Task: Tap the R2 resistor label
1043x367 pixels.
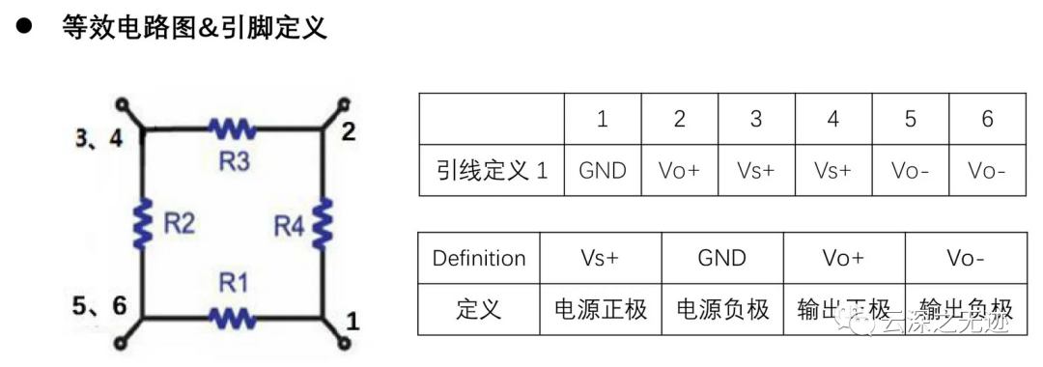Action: [180, 224]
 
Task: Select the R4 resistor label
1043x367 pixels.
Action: [289, 227]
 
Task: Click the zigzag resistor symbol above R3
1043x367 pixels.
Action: [233, 127]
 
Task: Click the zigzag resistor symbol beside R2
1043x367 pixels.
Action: [144, 222]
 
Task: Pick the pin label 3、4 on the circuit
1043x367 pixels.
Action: [99, 138]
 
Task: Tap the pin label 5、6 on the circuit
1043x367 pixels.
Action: [99, 306]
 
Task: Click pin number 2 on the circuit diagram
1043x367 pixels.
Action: [349, 131]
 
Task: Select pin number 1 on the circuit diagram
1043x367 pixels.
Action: [352, 320]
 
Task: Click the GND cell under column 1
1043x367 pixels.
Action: [603, 171]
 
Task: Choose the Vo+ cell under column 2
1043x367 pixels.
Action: [679, 171]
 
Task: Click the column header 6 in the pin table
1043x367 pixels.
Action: [987, 120]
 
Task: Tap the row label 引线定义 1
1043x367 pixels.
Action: [491, 171]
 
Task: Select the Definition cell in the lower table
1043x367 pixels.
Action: [479, 258]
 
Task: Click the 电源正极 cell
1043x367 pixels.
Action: [601, 309]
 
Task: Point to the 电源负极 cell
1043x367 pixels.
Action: [722, 309]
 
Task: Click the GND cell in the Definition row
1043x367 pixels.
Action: [722, 258]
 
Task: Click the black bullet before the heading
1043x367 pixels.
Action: [25, 26]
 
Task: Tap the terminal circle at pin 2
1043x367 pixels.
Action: [343, 101]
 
